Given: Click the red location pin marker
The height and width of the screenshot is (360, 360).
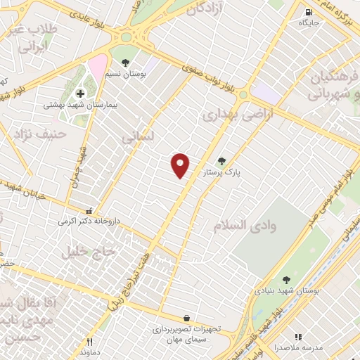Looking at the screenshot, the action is coord(181,165).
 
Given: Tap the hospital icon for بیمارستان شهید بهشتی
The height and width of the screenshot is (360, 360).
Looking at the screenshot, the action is coord(80,93).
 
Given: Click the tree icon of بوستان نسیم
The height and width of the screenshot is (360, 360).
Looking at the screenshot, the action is coord(125,62).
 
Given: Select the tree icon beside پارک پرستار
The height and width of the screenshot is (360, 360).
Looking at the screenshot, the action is coord(223,161).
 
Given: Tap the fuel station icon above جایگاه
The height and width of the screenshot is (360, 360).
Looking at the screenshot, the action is coord(308,13).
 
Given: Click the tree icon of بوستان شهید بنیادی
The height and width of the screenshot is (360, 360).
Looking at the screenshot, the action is coord(285,280).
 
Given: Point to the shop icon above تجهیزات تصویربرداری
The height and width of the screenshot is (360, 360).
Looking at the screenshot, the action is coord(186,318).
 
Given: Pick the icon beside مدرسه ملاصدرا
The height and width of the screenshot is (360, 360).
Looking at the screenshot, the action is coord(297,337).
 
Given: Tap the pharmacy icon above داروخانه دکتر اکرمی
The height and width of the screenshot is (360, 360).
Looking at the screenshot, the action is coord(88,210).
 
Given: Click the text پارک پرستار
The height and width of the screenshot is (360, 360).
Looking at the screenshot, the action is coord(222,172).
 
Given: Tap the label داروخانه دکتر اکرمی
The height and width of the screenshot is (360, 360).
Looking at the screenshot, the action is coord(90,220).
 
